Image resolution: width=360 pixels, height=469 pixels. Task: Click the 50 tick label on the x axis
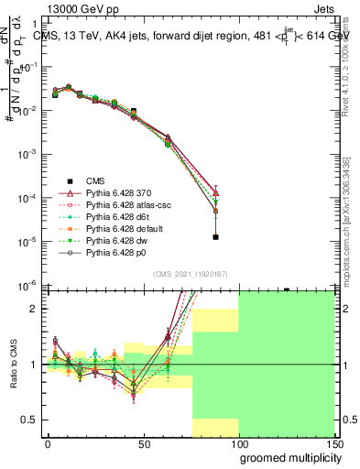pyautogui.click(x=143, y=444)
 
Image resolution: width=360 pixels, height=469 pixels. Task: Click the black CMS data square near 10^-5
pyautogui.click(x=215, y=237)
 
